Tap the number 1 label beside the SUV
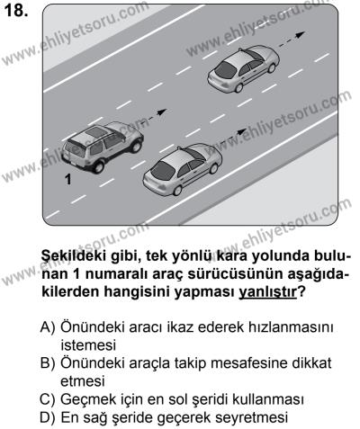click(x=66, y=180)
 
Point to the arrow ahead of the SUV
click(x=154, y=116)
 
